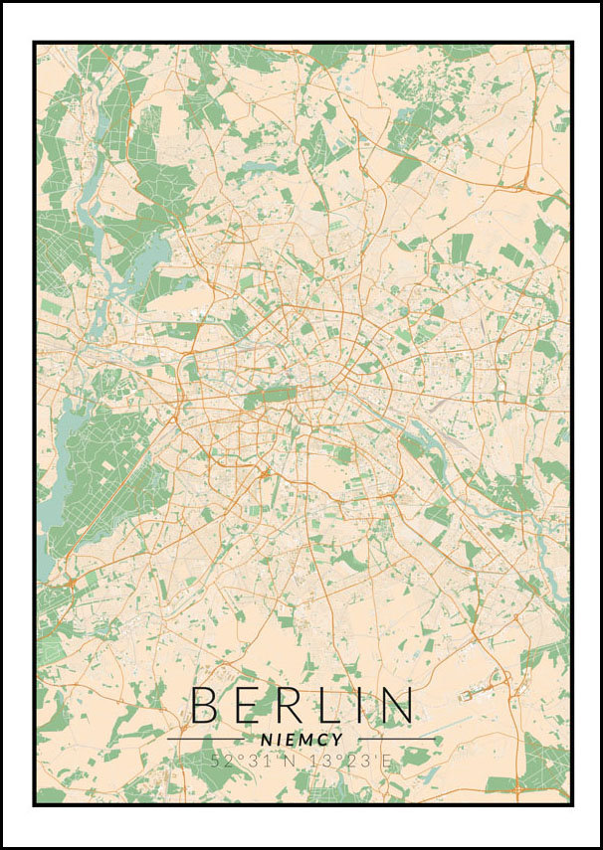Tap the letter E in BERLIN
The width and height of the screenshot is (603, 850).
pos(249,705)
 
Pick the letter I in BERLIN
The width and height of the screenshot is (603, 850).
pos(361,705)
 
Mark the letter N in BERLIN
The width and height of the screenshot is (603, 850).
pos(395,705)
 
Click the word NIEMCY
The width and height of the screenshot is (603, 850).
pos(301,740)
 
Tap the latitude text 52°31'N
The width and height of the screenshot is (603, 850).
pos(255,761)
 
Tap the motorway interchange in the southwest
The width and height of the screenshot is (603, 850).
pos(70,583)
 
